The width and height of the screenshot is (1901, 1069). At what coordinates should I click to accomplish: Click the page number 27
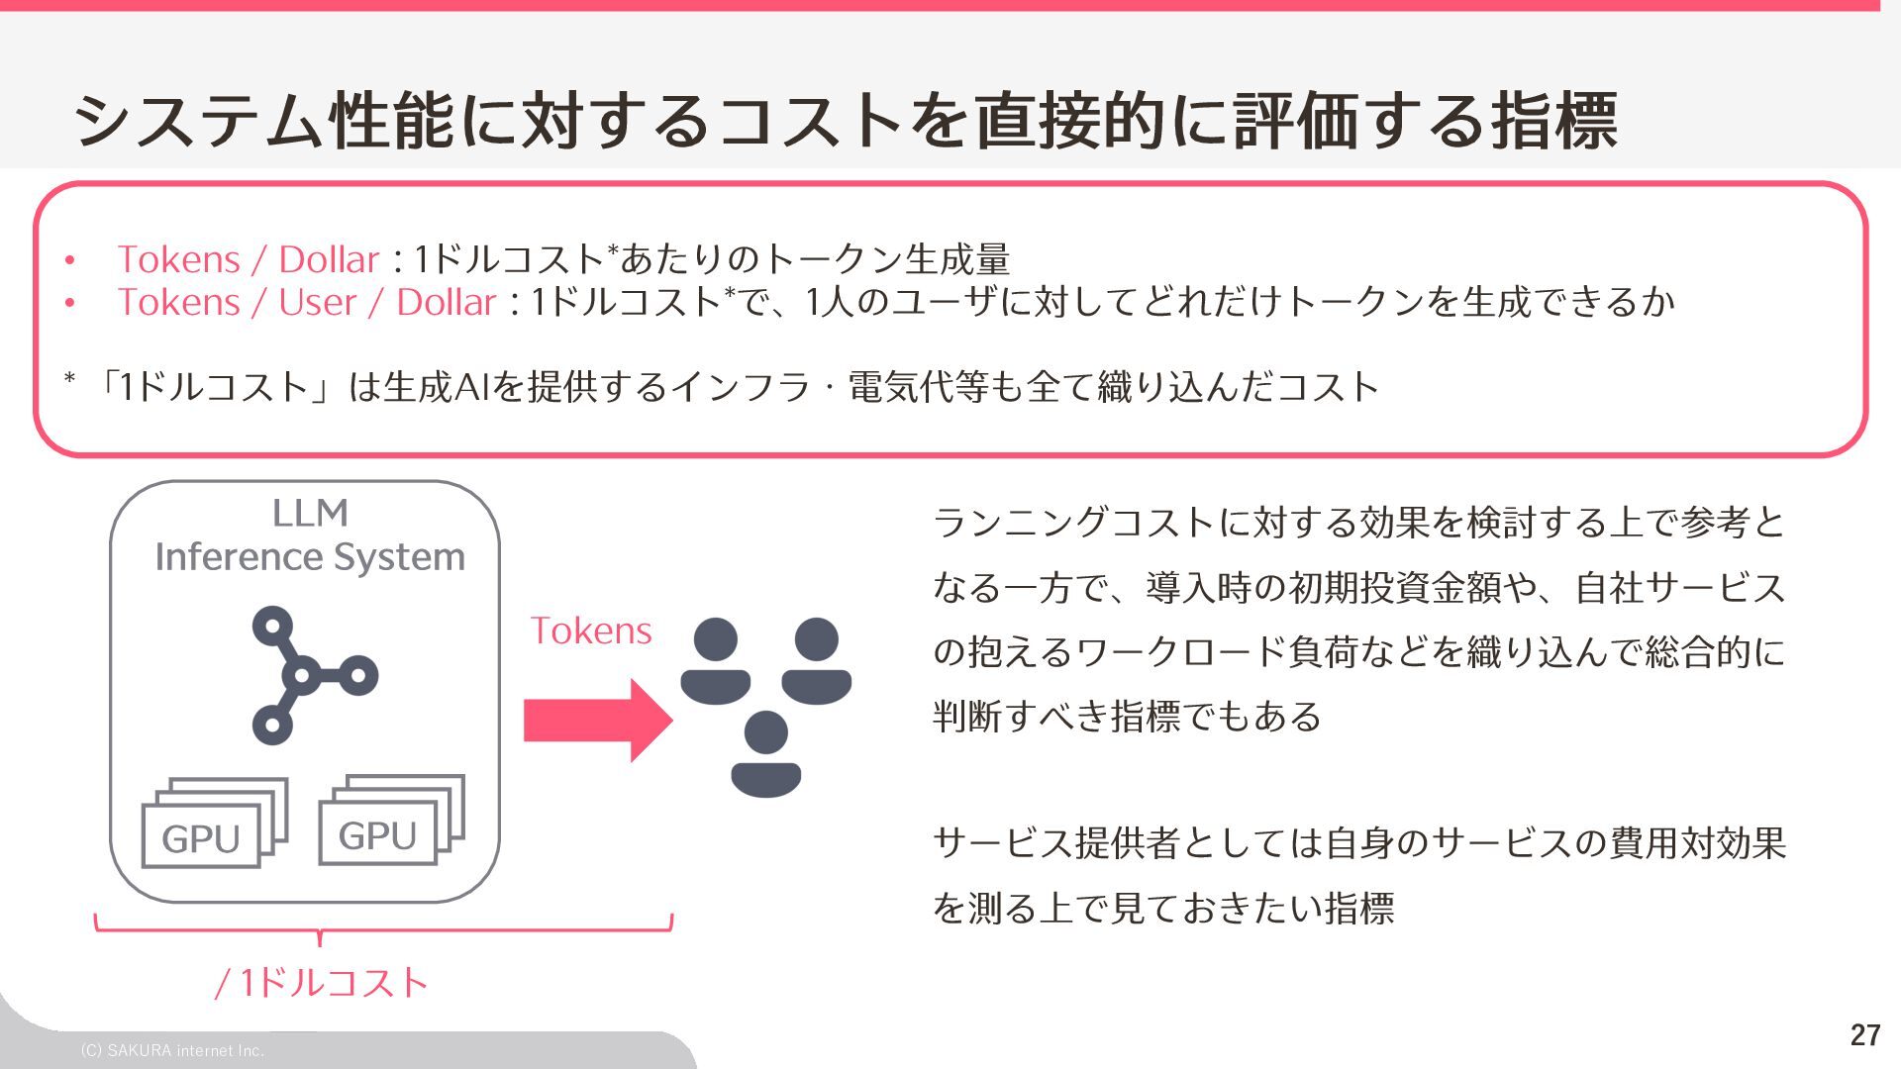tap(1864, 1034)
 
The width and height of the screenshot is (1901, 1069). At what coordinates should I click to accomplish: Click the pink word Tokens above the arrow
tap(591, 631)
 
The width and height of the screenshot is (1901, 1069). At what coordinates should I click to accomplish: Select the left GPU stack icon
tap(214, 824)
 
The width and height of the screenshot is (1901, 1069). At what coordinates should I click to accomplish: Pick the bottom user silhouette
tap(765, 753)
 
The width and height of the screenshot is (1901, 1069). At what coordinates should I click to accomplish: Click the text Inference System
tap(310, 557)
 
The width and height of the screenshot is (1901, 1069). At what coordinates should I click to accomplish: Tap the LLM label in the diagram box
tap(310, 513)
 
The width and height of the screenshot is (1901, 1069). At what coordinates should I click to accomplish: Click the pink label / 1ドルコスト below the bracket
tap(322, 982)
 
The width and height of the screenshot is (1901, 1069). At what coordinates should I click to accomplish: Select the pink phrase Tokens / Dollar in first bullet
tap(248, 259)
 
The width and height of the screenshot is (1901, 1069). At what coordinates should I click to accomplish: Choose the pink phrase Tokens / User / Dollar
tap(306, 302)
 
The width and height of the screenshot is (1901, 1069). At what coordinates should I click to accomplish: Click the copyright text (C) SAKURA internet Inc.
tap(172, 1050)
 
